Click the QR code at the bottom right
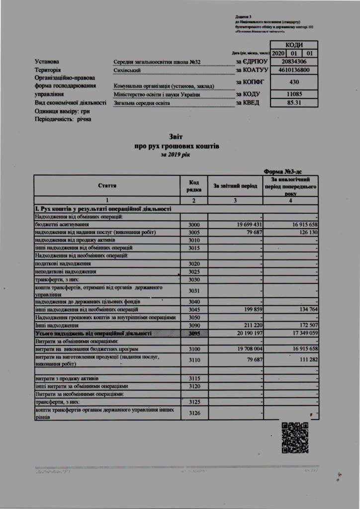(x=295, y=437)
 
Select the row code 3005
(x=194, y=233)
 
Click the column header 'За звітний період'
(x=235, y=186)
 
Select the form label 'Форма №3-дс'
(x=287, y=170)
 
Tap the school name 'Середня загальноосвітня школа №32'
(x=157, y=62)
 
